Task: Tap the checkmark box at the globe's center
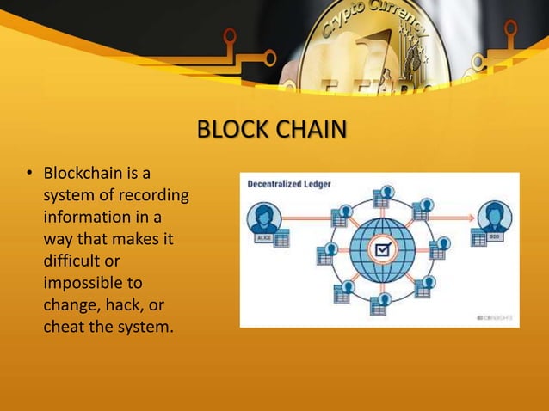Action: tap(379, 250)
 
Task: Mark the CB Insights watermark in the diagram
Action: tap(495, 317)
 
